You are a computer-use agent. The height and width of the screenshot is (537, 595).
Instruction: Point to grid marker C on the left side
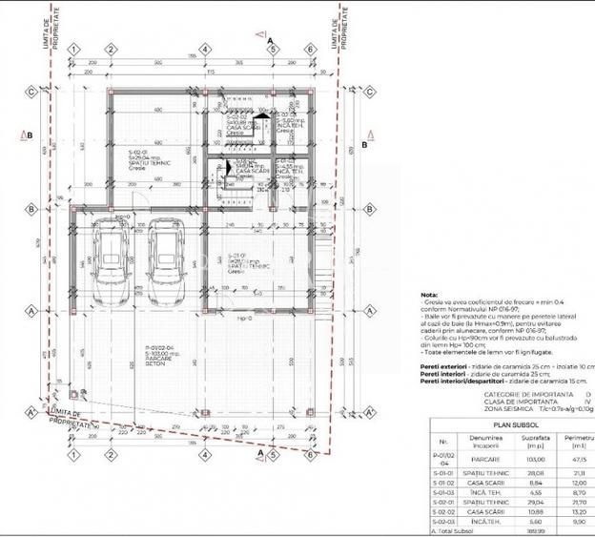pyautogui.click(x=31, y=92)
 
